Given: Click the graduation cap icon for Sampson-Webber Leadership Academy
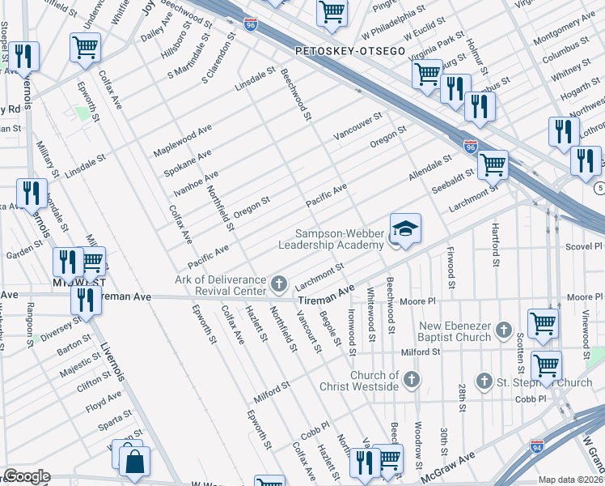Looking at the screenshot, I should coord(405,228).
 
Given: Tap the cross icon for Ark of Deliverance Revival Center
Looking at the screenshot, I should coord(279,283).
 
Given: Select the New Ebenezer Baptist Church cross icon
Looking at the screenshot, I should coord(505,329).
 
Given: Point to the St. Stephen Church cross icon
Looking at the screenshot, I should coord(484,381).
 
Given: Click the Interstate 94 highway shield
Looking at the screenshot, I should coord(536,446).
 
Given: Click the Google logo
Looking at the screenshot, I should coord(26,476).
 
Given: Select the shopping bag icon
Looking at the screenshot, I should coord(134,463).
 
